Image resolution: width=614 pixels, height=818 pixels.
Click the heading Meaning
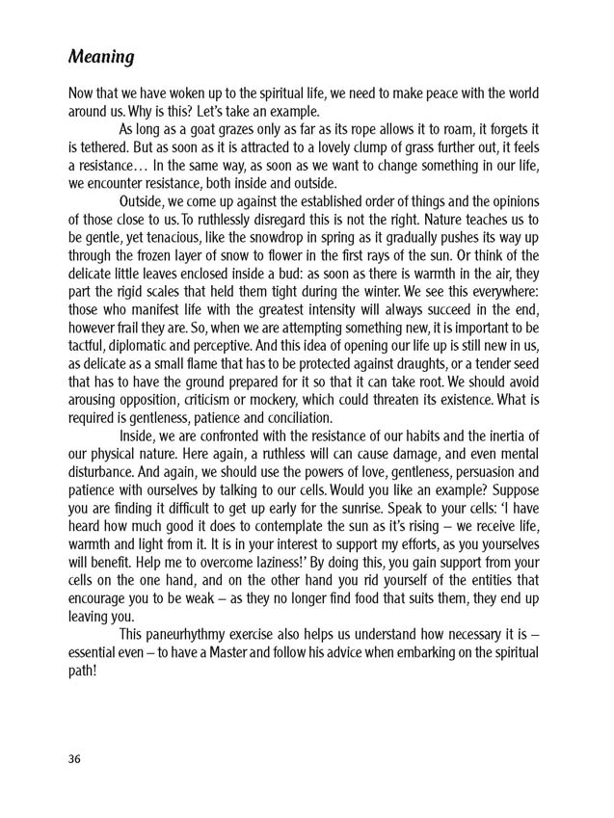(101, 57)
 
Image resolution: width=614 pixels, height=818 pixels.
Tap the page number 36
(75, 758)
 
